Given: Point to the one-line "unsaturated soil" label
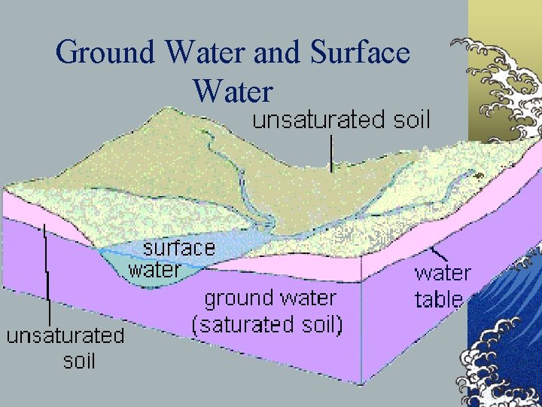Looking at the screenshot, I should click(340, 119).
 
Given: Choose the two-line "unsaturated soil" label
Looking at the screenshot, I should click(65, 347).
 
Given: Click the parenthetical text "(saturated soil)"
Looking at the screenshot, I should click(267, 325).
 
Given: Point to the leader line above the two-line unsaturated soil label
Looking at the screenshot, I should click(47, 271).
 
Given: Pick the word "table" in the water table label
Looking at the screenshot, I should click(438, 299).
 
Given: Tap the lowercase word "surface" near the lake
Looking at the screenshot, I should click(179, 247).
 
